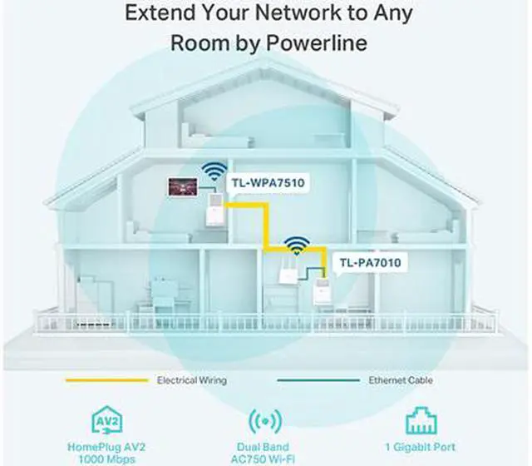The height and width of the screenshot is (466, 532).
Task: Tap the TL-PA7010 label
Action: click(370, 263)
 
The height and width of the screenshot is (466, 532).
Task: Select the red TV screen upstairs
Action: click(180, 185)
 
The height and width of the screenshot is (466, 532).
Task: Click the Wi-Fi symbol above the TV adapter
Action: click(214, 171)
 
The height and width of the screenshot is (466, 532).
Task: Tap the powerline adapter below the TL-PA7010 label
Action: click(316, 292)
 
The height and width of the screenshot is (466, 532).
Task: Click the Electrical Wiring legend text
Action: click(191, 380)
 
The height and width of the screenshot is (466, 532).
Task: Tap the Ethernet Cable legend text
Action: click(401, 380)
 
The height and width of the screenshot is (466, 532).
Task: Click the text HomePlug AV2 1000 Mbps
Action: click(100, 452)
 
